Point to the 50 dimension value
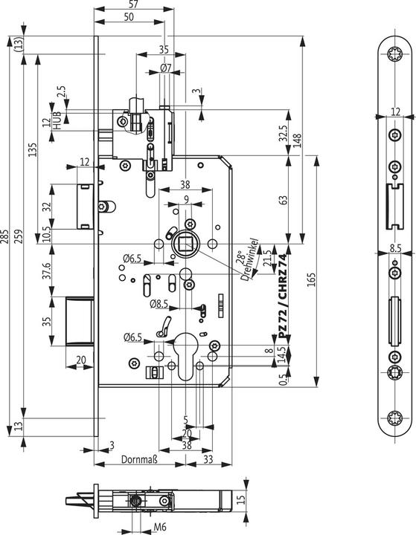coord(128,17)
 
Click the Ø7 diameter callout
coord(165,68)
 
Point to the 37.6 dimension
coord(46,271)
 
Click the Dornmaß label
coord(138,461)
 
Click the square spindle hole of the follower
coord(184,243)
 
